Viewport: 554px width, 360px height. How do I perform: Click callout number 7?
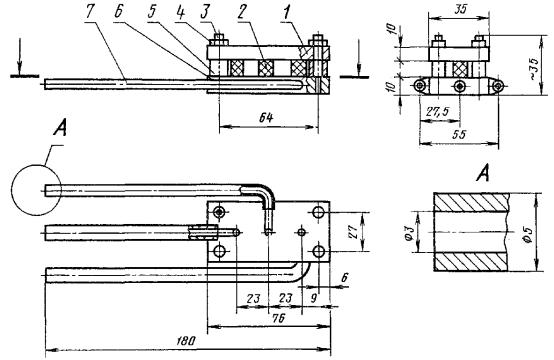pyautogui.click(x=91, y=13)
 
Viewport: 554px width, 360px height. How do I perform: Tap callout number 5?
pyautogui.click(x=152, y=13)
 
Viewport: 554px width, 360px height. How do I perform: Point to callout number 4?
pyautogui.click(x=181, y=12)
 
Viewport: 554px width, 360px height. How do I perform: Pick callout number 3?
pyautogui.click(x=205, y=12)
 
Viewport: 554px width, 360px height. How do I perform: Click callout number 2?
pyautogui.click(x=242, y=12)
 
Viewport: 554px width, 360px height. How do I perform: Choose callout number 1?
pyautogui.click(x=286, y=12)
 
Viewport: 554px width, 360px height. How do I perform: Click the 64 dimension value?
pyautogui.click(x=266, y=118)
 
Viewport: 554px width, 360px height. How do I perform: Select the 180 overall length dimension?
pyautogui.click(x=186, y=341)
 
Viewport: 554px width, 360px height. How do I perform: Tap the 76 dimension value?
pyautogui.click(x=279, y=318)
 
